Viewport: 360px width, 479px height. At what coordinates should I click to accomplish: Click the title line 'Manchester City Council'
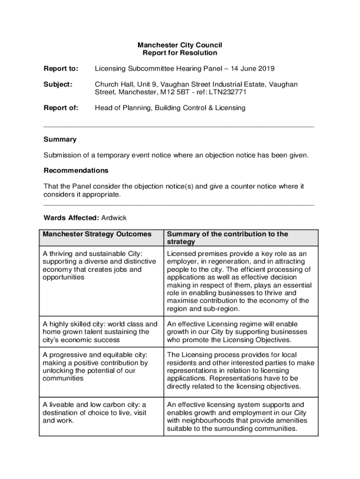pyautogui.click(x=180, y=45)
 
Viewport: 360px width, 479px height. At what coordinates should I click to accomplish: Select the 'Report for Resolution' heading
pyautogui.click(x=180, y=53)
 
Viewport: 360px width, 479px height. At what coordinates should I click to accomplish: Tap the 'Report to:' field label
pyautogui.click(x=61, y=69)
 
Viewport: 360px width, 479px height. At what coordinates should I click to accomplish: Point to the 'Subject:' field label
pyautogui.click(x=58, y=84)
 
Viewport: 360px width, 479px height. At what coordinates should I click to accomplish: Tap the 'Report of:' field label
pyautogui.click(x=61, y=108)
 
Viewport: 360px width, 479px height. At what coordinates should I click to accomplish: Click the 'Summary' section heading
pyautogui.click(x=60, y=139)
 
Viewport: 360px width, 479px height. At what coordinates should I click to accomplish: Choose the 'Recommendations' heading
pyautogui.click(x=76, y=170)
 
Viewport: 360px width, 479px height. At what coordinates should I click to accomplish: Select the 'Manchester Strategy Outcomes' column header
pyautogui.click(x=97, y=234)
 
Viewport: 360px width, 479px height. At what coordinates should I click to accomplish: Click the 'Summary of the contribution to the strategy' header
pyautogui.click(x=228, y=238)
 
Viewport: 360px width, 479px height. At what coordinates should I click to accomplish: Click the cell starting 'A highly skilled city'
pyautogui.click(x=100, y=332)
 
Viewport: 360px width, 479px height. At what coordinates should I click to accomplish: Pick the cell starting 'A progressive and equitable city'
pyautogui.click(x=95, y=366)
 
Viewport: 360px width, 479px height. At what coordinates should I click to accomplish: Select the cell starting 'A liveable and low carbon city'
pyautogui.click(x=94, y=412)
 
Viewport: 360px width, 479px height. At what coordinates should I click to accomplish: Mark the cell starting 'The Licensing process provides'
pyautogui.click(x=240, y=370)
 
